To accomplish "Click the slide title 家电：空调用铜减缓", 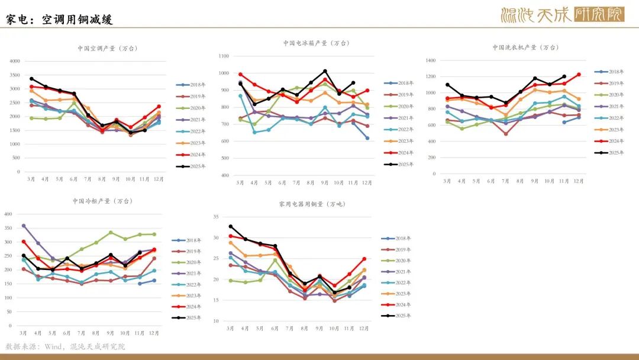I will (59, 20).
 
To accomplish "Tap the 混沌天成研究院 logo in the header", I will (562, 15).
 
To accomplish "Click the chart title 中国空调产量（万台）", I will (108, 48).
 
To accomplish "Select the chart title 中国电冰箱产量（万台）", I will (316, 43).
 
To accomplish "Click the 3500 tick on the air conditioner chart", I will (15, 75).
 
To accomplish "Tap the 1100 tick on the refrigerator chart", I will (224, 56).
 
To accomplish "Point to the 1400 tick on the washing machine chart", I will (430, 60).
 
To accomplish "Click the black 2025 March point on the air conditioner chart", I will (31, 79).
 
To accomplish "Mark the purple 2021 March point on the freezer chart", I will (24, 226).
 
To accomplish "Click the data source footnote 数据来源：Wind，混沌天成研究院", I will (65, 346).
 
